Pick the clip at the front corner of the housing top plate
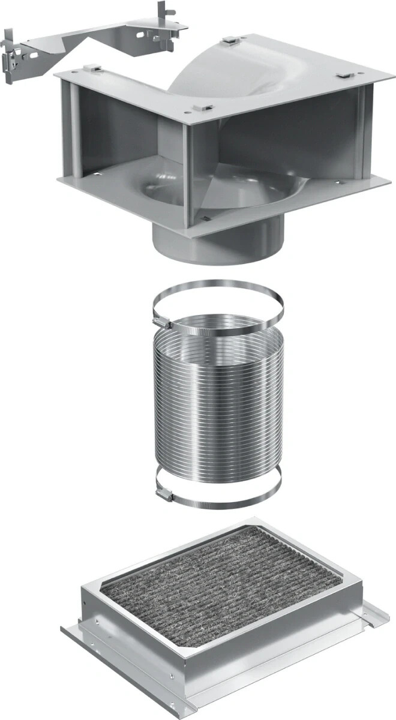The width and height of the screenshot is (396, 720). pyautogui.click(x=204, y=109)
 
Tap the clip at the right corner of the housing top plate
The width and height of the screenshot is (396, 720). pyautogui.click(x=345, y=76)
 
